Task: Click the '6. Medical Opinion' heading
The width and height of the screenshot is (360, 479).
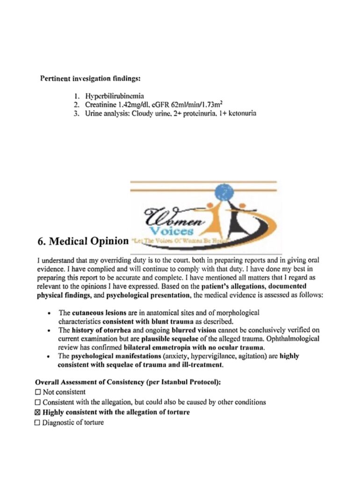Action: [x=82, y=242]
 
